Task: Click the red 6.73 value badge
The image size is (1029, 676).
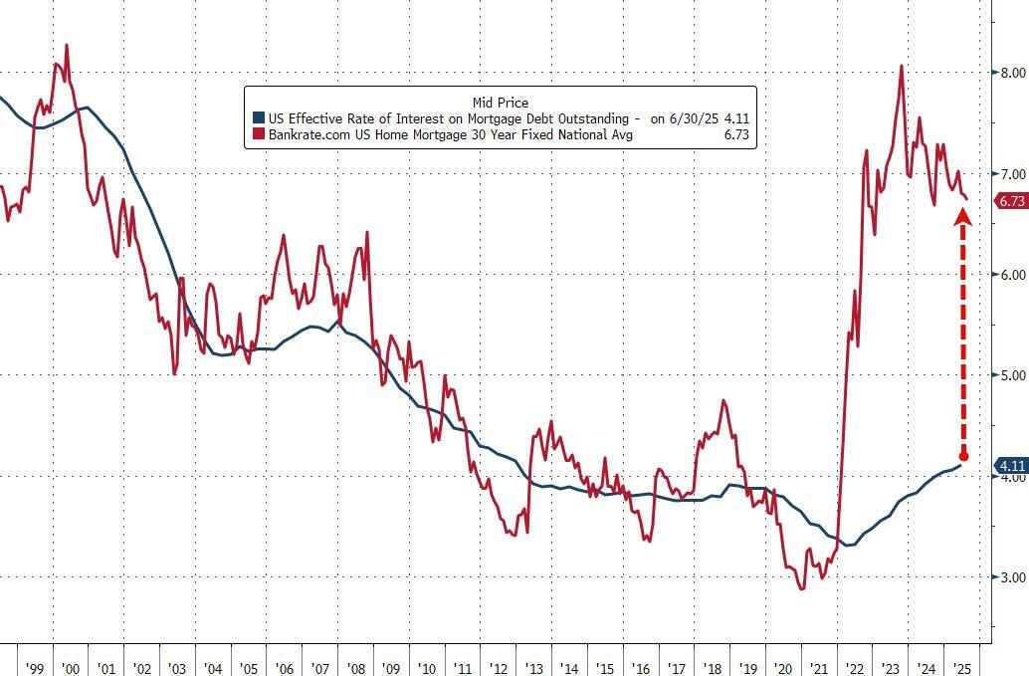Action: tap(1010, 201)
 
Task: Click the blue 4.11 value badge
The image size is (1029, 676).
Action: tap(1010, 465)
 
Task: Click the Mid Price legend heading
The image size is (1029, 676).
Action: tap(501, 102)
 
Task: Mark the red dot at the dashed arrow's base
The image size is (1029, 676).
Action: tap(962, 457)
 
